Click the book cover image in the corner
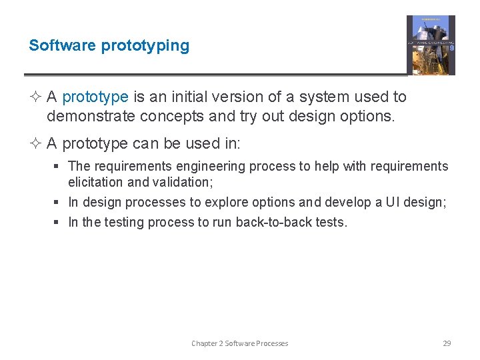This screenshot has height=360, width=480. pos(431,45)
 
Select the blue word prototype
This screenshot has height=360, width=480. pos(95,97)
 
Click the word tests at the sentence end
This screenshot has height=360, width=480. pos(331,223)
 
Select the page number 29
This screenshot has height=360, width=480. pos(447,343)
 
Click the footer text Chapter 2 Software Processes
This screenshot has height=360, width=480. pos(239,343)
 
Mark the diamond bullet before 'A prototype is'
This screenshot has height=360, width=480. pos(36,97)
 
